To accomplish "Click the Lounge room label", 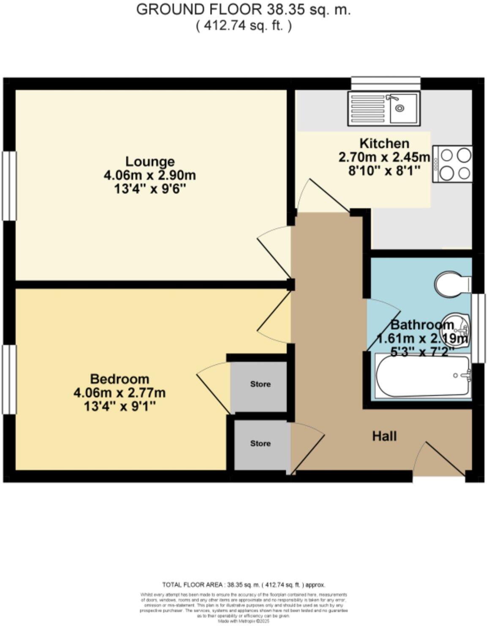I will (150, 162).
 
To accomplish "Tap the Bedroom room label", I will (120, 379).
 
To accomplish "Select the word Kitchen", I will (384, 143).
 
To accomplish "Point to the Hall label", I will (384, 436).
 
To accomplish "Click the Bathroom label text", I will (422, 325).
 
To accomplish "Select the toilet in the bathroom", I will (452, 284).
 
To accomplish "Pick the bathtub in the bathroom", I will (423, 376).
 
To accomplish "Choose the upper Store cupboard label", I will (260, 384).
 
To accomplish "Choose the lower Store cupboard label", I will (260, 443).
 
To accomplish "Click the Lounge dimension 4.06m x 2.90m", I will (150, 175).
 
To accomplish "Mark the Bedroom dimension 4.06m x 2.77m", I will (120, 393).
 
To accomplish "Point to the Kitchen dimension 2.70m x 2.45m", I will (384, 157).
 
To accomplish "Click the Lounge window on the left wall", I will (8, 186).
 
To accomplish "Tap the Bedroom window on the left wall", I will (8, 379).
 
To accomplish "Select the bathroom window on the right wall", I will (478, 328).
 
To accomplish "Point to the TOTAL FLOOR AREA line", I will (244, 585).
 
